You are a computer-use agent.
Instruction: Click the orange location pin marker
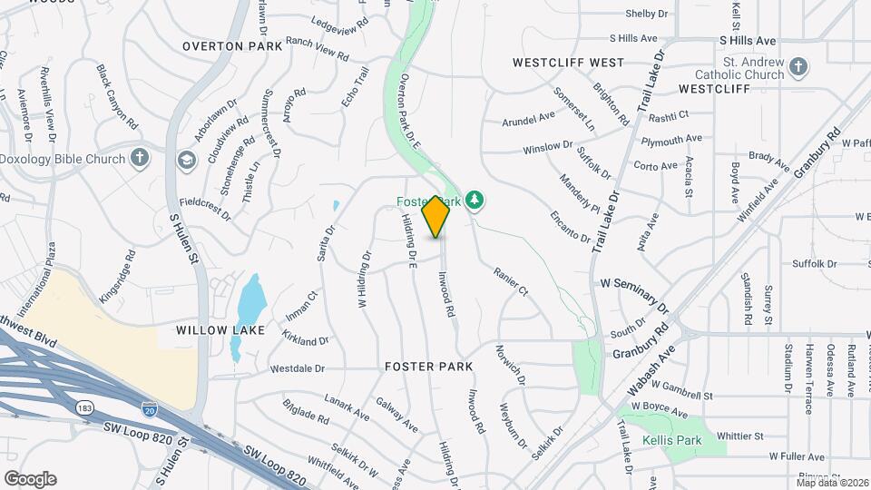[436, 216]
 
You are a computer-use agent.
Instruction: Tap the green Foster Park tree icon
[474, 201]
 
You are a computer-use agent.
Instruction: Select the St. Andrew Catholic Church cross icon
[797, 67]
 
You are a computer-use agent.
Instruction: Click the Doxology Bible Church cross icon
[139, 159]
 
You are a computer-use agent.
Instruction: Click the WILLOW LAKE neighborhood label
[220, 330]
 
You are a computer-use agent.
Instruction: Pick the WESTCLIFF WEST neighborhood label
[568, 63]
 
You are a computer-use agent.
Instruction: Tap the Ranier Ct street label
[511, 280]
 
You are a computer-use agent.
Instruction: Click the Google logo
[30, 478]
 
